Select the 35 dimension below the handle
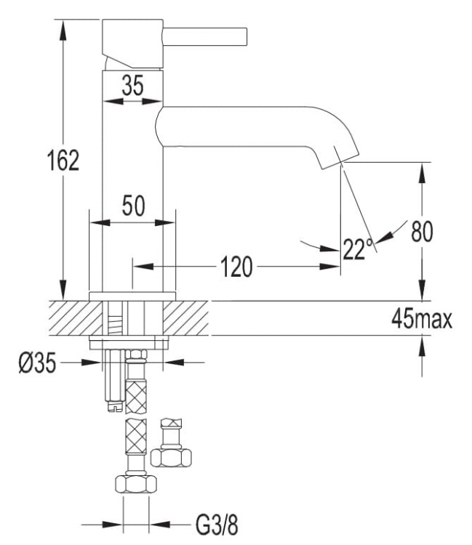click(132, 86)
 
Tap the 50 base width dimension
click(132, 206)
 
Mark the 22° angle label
click(357, 249)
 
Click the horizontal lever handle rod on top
click(207, 35)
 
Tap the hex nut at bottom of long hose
click(134, 485)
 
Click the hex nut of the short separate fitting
click(172, 458)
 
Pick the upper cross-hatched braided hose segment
click(135, 387)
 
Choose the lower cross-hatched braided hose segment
click(135, 437)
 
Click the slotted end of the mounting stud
click(112, 406)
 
